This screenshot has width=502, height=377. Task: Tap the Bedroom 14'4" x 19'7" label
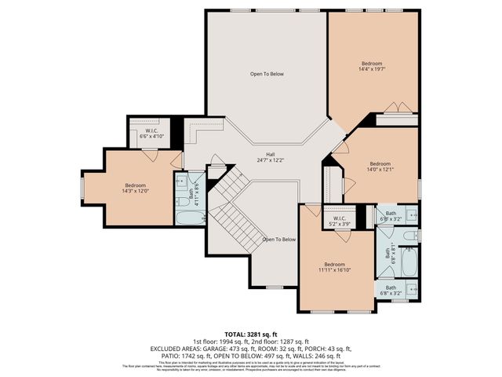(x=372, y=66)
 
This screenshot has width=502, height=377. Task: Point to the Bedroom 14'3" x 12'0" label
(x=135, y=188)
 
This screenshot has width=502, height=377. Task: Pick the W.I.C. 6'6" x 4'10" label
(x=149, y=133)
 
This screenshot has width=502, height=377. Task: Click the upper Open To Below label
(x=267, y=74)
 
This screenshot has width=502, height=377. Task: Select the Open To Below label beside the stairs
(x=278, y=239)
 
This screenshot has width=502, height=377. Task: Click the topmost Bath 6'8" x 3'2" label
(x=390, y=217)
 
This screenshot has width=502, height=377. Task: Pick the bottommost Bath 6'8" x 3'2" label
(x=390, y=291)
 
